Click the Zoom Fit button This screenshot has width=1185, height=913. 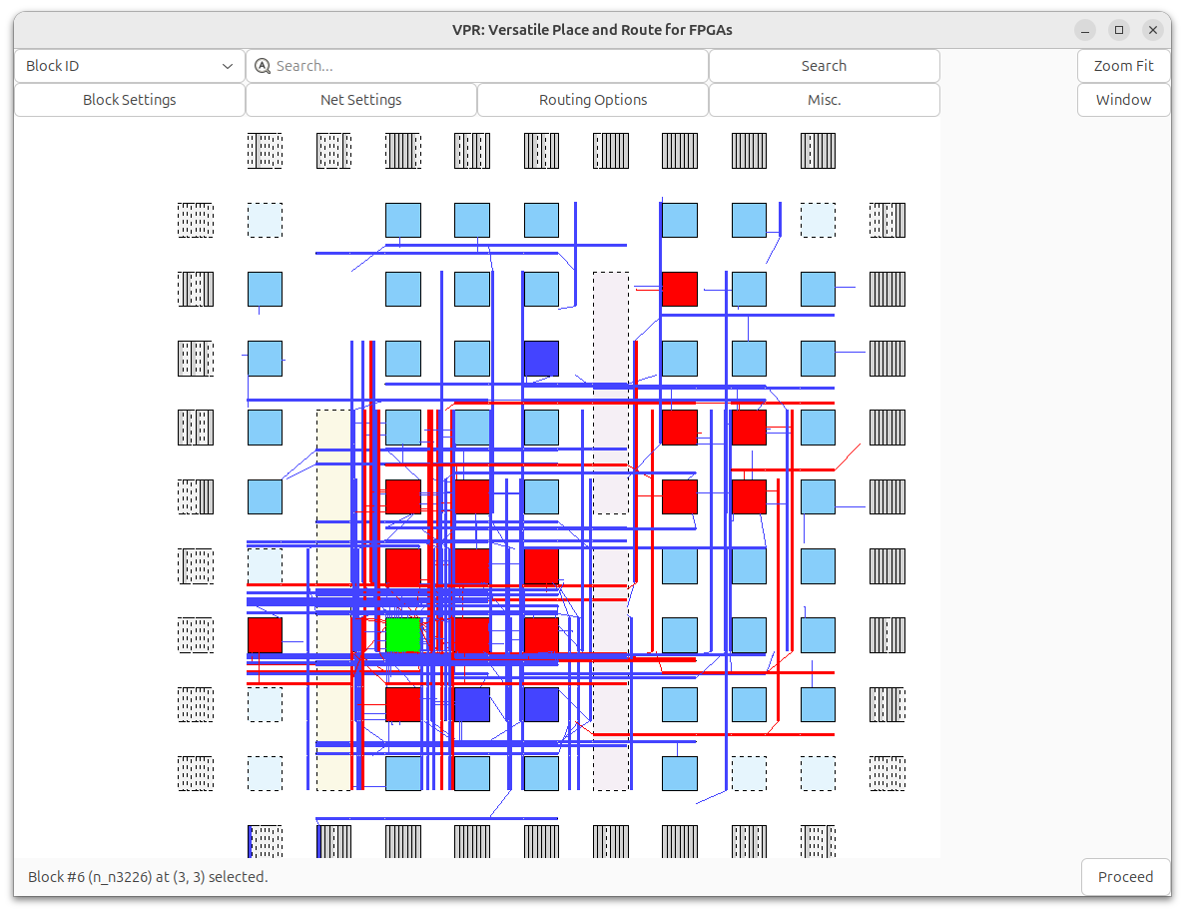point(1123,66)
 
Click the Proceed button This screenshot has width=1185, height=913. point(1125,877)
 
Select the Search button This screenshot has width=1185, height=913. point(824,66)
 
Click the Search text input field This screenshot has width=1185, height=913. point(489,66)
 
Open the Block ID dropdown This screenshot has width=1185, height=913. point(130,66)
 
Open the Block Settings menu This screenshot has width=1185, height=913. point(130,100)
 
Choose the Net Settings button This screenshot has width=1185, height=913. point(361,100)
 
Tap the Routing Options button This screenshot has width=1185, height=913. point(593,100)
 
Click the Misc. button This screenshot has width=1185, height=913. point(824,100)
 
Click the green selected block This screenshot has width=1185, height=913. point(403,635)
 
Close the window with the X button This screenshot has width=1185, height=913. point(1153,30)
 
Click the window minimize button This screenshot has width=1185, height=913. point(1085,30)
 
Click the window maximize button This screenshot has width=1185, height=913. point(1119,30)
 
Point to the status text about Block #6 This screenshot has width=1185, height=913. point(148,877)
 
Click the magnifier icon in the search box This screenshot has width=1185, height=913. point(263,66)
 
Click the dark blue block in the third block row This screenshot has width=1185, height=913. point(541,359)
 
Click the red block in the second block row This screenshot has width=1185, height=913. point(679,290)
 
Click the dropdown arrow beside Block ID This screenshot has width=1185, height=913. point(228,66)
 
